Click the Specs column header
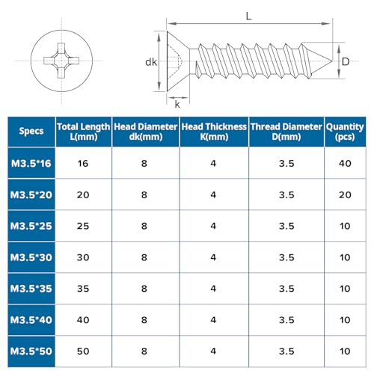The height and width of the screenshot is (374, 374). pyautogui.click(x=31, y=131)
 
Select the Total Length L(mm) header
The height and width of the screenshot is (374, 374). pyautogui.click(x=84, y=132)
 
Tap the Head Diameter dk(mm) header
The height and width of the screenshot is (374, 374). pyautogui.click(x=146, y=132)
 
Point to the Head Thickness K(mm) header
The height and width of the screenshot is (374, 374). pyautogui.click(x=214, y=132)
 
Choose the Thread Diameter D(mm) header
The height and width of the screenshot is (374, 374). pyautogui.click(x=286, y=132)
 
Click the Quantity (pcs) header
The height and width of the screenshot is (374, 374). pyautogui.click(x=345, y=132)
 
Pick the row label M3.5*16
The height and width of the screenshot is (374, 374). pyautogui.click(x=31, y=164)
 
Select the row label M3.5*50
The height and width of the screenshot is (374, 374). pyautogui.click(x=31, y=351)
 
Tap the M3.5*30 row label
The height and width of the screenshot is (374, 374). pyautogui.click(x=31, y=257)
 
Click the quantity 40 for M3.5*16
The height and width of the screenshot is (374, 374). pyautogui.click(x=345, y=164)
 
